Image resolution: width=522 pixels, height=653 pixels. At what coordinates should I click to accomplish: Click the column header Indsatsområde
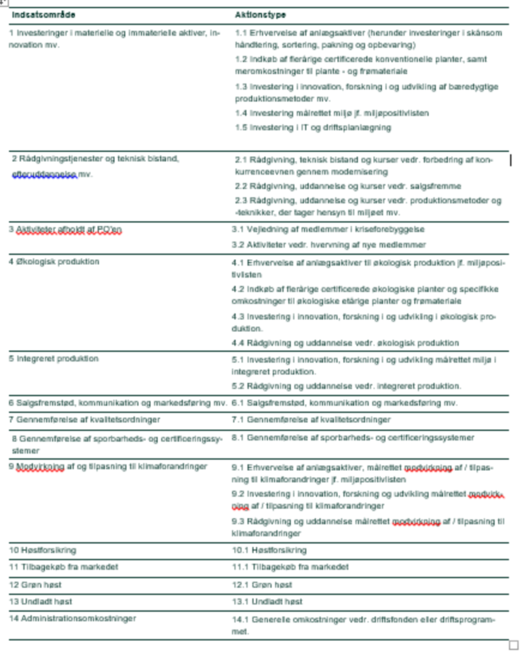tap(43, 15)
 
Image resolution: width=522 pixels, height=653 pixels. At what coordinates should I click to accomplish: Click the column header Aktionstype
tap(260, 15)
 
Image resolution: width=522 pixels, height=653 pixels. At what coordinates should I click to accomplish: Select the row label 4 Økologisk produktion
tap(54, 262)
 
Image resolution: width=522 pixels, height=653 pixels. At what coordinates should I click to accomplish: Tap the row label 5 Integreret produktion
tap(54, 359)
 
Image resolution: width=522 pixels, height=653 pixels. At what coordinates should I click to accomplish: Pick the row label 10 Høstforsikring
tap(43, 550)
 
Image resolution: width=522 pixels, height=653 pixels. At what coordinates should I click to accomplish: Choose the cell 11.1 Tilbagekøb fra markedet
tap(290, 567)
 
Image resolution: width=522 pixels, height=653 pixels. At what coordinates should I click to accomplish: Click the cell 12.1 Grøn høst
tap(262, 585)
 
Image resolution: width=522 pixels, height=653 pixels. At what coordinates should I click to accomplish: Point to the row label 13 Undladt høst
tap(40, 602)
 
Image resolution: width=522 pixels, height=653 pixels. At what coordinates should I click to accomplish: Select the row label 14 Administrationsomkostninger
tap(72, 619)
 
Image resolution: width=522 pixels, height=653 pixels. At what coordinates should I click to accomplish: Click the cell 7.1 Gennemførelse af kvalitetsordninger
tap(311, 420)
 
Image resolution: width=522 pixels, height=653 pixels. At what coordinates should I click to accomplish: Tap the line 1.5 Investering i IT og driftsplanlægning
tap(313, 128)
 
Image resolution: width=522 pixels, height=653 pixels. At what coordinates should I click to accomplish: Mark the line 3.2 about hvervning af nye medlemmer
tap(329, 245)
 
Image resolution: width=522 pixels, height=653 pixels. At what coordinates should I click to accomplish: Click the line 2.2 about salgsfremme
tap(348, 186)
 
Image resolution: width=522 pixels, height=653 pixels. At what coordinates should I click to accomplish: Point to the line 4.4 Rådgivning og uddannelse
tap(345, 343)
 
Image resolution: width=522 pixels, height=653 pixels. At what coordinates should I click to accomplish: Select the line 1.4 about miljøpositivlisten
tap(332, 113)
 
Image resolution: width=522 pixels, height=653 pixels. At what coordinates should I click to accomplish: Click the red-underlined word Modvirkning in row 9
tap(40, 467)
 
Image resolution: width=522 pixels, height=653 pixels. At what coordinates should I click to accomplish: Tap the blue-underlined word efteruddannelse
tap(44, 175)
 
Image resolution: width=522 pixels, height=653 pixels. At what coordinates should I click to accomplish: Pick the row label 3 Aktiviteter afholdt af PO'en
tap(65, 229)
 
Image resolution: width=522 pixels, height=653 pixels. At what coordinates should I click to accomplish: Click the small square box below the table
tap(513, 645)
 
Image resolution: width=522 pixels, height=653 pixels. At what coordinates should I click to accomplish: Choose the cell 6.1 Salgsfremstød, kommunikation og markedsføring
tap(344, 403)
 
